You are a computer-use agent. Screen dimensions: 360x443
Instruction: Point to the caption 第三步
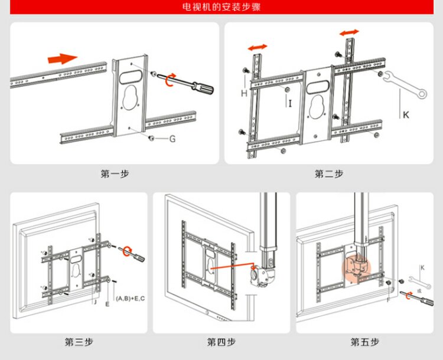tap(79, 342)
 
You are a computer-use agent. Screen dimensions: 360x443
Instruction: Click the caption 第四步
tap(221, 342)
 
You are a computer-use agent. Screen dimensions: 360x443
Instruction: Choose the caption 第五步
tap(364, 342)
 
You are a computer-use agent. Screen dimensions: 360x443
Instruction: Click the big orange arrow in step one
tap(62, 58)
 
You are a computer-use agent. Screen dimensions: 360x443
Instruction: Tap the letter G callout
tap(172, 139)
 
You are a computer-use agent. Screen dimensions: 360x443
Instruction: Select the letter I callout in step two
tap(291, 103)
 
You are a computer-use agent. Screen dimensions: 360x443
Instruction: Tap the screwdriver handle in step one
tap(204, 90)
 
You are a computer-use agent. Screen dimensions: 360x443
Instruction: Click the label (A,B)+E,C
tap(131, 299)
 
